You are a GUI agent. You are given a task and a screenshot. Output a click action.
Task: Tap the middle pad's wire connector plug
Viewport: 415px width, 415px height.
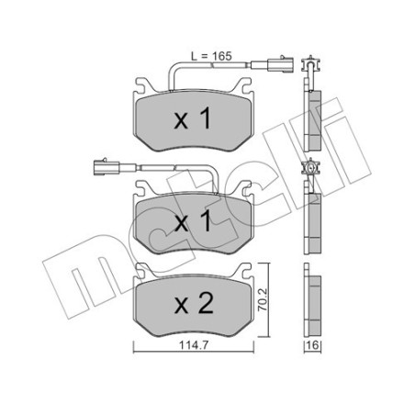point(103,168)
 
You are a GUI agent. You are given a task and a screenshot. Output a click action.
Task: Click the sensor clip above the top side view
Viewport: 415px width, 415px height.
point(308,64)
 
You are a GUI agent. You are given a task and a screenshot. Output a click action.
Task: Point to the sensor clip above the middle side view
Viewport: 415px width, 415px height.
point(308,169)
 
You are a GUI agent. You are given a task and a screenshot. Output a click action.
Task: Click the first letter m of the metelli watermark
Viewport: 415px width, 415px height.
point(62,275)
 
